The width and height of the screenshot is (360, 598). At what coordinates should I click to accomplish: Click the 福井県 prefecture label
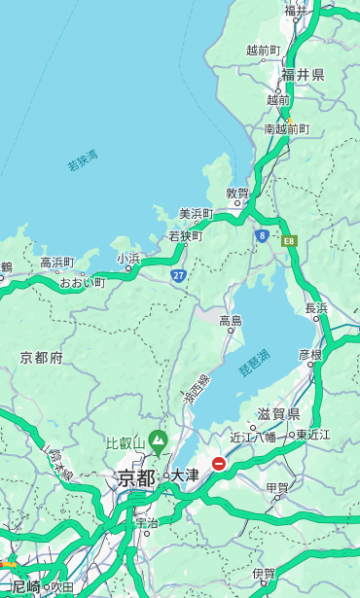point(303,74)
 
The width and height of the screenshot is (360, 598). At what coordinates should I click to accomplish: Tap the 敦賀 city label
point(238,193)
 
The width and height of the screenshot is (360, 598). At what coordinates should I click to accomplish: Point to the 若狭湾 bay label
point(83,160)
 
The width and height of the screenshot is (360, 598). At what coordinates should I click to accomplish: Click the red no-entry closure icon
point(219,465)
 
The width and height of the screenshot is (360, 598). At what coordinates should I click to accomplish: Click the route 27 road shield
point(179,275)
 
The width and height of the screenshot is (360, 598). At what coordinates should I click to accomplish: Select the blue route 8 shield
point(263,235)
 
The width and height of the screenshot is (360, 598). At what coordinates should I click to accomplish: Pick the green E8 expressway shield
point(288,240)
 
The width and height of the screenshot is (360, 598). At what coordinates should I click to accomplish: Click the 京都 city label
point(136,477)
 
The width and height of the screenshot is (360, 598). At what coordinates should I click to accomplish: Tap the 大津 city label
point(185,475)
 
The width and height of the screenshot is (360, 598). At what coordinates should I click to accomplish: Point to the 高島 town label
point(231,320)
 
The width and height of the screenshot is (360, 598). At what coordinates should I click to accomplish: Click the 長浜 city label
point(317,308)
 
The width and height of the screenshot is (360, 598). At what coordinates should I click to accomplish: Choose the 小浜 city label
point(128,258)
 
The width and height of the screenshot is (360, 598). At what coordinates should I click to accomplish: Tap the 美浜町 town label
point(196,214)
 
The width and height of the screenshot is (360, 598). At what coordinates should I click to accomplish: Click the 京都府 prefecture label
point(42,358)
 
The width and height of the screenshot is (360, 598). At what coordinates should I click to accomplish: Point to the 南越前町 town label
point(286,128)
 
